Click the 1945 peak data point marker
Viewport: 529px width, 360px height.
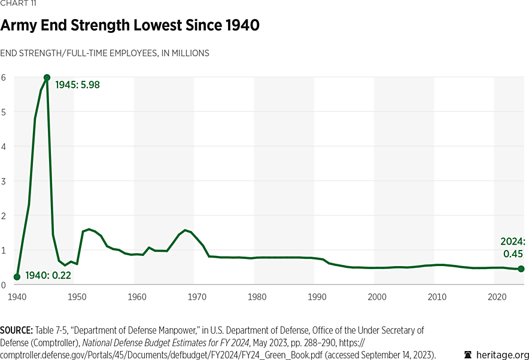(x=47, y=78)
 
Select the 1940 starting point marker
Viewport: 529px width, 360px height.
(x=17, y=277)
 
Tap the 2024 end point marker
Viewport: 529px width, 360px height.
(x=521, y=269)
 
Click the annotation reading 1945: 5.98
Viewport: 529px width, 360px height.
(x=77, y=85)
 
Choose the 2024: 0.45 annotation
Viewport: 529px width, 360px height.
(x=513, y=248)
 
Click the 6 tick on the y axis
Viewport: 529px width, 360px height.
(x=4, y=77)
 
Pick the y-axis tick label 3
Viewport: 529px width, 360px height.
(x=4, y=181)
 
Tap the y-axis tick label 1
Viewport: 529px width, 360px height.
(x=4, y=250)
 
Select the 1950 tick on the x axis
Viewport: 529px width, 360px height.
(x=77, y=297)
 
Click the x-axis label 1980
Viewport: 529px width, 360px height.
(x=257, y=297)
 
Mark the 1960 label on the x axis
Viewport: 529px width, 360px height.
(x=137, y=297)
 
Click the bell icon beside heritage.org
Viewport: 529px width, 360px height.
(x=468, y=354)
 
